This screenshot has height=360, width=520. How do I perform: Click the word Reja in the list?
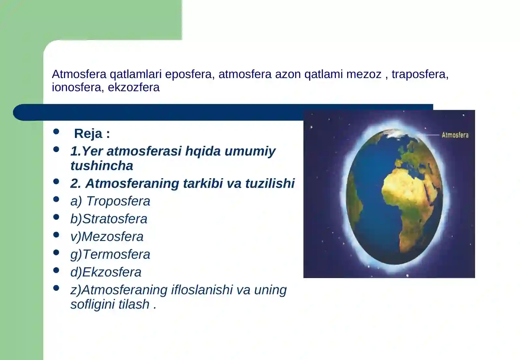(x=88, y=134)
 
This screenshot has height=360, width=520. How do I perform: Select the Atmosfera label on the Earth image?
(x=455, y=135)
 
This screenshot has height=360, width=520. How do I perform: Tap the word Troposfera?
(x=118, y=201)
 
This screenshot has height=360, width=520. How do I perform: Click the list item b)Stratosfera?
(x=109, y=219)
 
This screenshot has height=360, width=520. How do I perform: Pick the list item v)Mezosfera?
(x=107, y=237)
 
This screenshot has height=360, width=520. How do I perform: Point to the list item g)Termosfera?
(x=110, y=254)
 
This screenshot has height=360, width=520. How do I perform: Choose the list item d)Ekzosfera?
(x=106, y=272)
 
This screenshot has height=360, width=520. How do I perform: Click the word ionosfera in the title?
(x=76, y=87)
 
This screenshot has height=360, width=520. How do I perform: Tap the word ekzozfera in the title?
(x=134, y=87)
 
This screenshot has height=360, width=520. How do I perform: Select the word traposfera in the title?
(x=419, y=74)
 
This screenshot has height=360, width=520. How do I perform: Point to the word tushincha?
(x=102, y=166)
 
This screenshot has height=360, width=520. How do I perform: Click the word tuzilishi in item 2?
(x=270, y=183)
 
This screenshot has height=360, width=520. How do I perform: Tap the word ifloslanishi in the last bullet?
(x=202, y=290)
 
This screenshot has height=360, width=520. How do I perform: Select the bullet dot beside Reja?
(x=56, y=131)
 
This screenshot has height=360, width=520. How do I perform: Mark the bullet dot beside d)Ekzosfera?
(x=56, y=270)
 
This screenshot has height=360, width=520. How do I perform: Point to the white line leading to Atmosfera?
(x=431, y=135)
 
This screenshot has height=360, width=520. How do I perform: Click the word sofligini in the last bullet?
(x=93, y=304)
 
